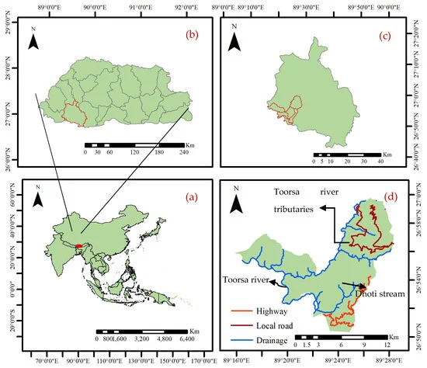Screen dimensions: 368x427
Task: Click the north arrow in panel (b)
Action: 33,39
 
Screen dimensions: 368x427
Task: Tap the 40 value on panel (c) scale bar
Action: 380,161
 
